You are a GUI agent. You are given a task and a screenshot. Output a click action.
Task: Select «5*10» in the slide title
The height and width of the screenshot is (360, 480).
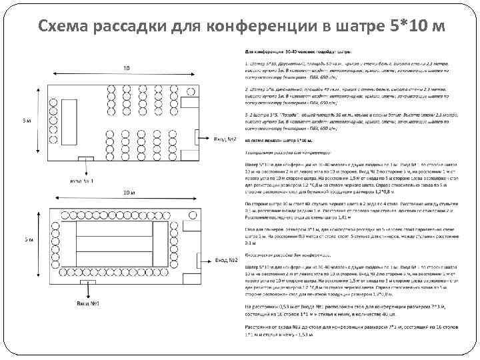406,25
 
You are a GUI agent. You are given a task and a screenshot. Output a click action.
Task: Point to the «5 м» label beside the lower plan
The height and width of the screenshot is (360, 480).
25,238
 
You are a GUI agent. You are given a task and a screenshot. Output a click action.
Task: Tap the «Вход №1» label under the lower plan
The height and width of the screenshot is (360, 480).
86,305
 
